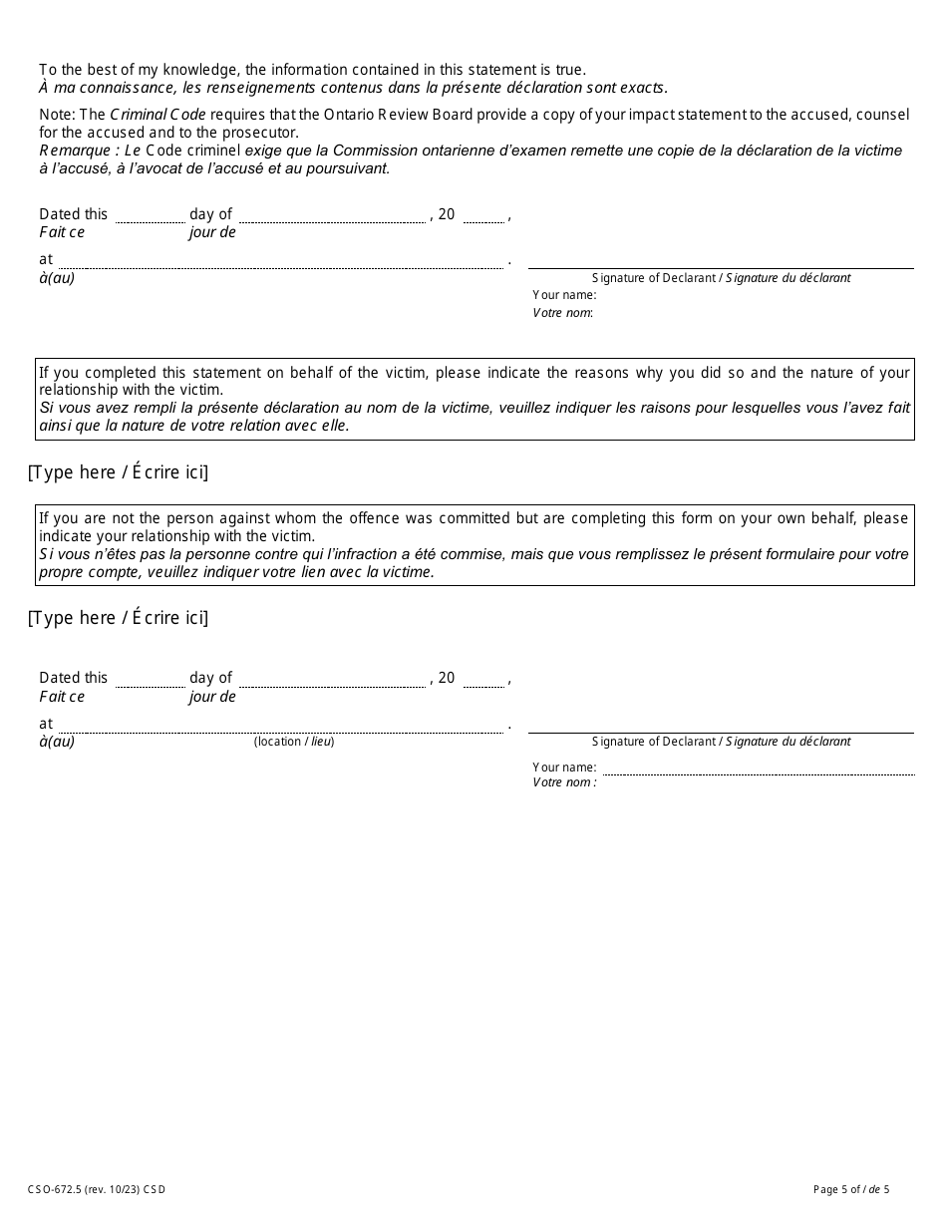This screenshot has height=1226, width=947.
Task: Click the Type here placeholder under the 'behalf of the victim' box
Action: click(x=119, y=472)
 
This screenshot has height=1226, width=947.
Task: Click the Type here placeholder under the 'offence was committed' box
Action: click(x=119, y=618)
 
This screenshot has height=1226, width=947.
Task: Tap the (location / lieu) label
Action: click(x=294, y=742)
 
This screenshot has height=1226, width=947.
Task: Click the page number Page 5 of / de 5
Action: click(x=851, y=1189)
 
